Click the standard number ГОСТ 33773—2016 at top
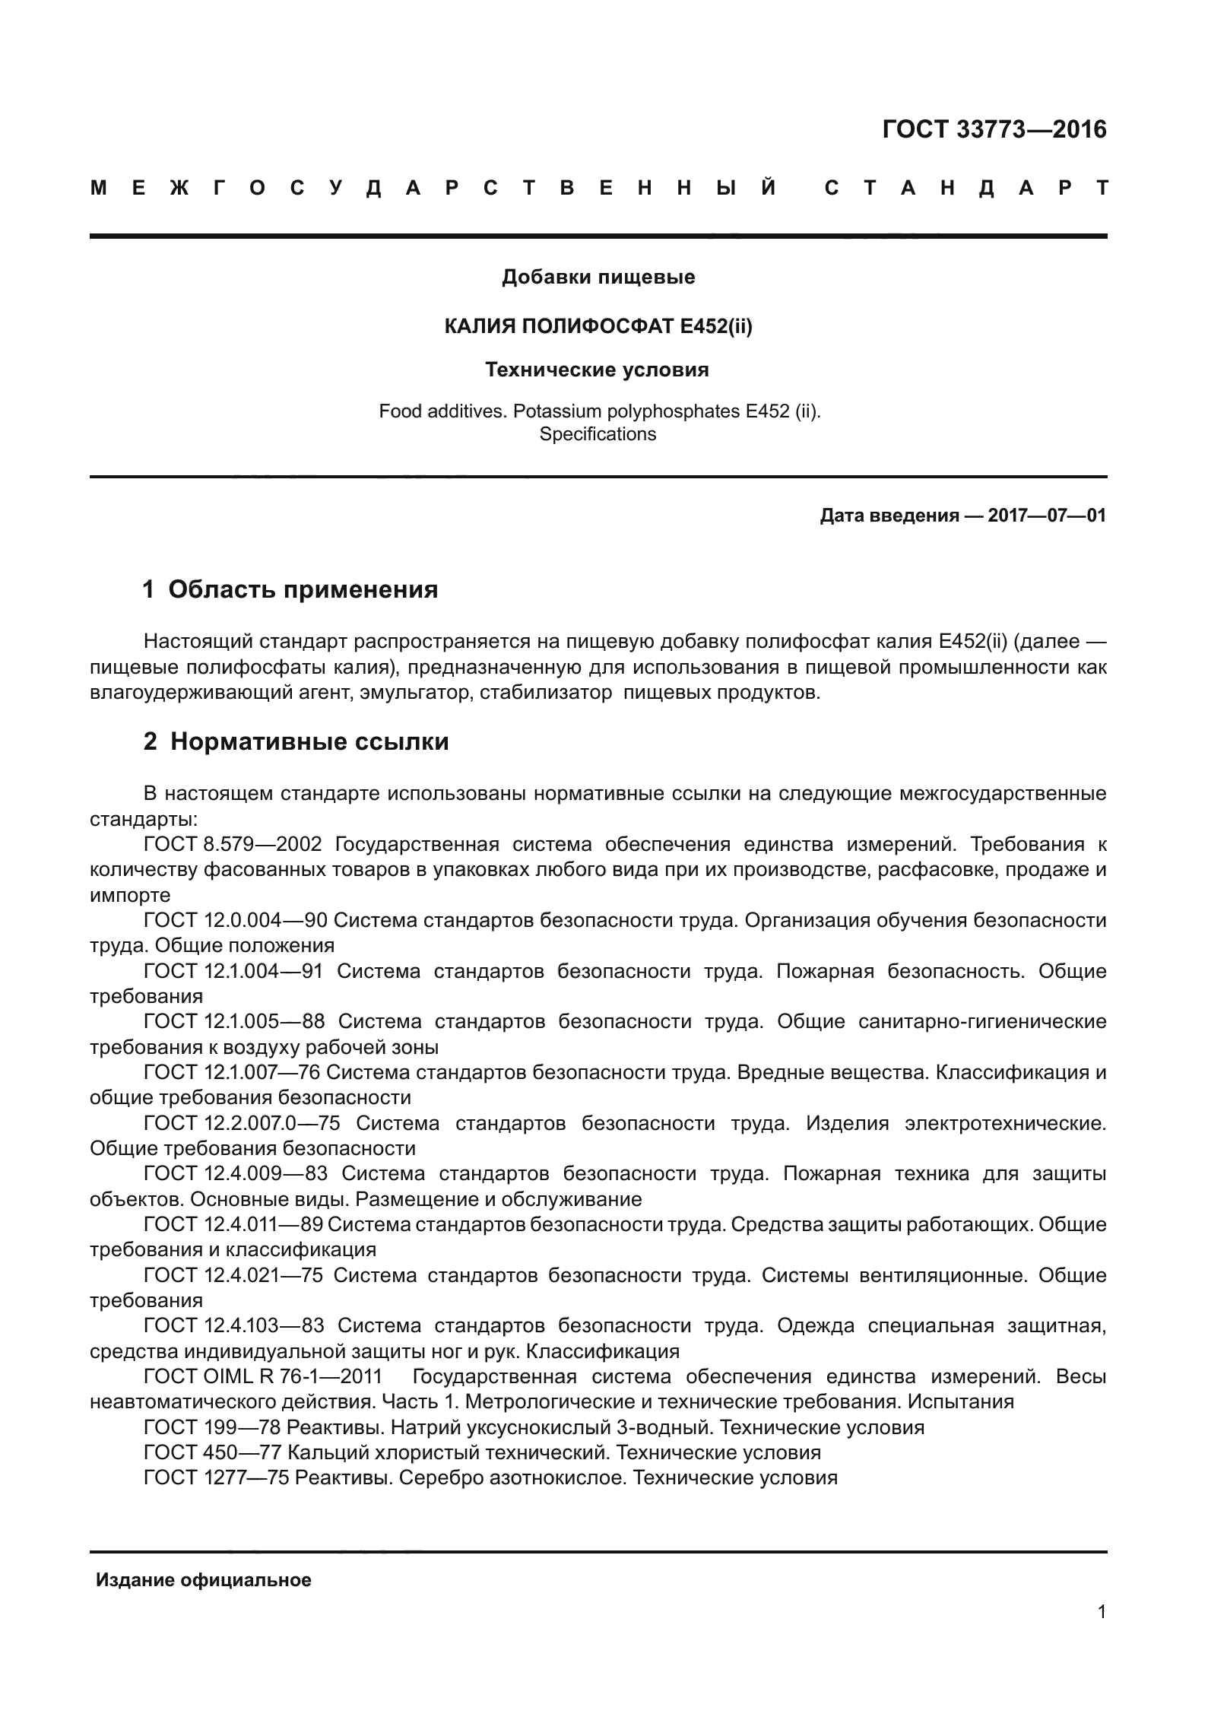(x=994, y=130)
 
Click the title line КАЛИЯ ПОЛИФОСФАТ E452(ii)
(x=598, y=326)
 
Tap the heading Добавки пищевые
(x=598, y=278)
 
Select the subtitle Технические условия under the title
(x=598, y=370)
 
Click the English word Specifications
(x=598, y=434)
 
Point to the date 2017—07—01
(x=1046, y=516)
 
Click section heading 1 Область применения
(x=290, y=589)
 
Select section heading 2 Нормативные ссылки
(x=296, y=741)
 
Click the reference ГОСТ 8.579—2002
(x=233, y=844)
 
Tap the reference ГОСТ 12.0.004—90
(x=236, y=920)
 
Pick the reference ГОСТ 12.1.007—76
(x=233, y=1072)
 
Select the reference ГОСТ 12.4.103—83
(x=233, y=1325)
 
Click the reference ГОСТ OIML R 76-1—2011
(x=263, y=1376)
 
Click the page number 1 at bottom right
(x=1102, y=1633)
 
